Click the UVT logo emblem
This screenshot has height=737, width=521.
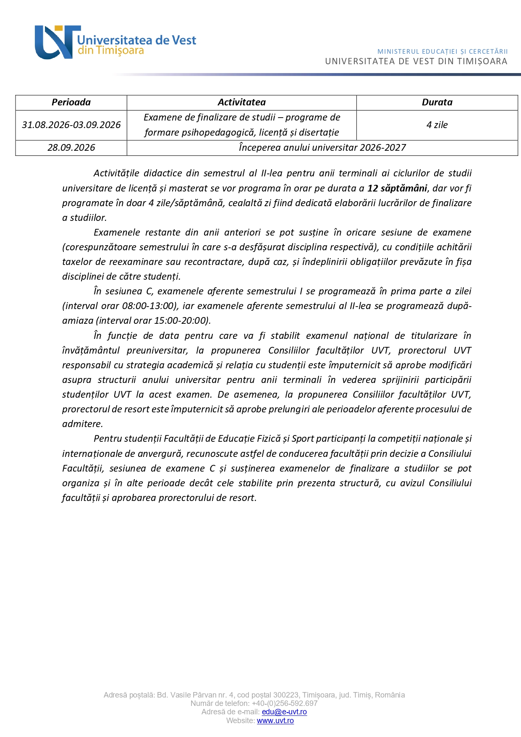tap(56, 42)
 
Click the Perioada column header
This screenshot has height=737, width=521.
tap(71, 102)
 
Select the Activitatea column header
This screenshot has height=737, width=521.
tap(241, 102)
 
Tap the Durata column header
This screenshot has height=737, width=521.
tap(437, 102)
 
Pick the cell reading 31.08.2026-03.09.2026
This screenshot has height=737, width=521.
tap(71, 125)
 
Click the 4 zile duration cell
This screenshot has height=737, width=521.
tap(437, 125)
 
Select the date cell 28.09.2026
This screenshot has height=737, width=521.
tap(71, 148)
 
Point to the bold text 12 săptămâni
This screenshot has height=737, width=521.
tap(397, 189)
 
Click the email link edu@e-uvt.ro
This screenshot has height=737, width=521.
tap(284, 712)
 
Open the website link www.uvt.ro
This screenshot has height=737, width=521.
tap(275, 721)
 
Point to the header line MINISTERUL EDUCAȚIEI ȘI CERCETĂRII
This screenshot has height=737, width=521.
tap(442, 52)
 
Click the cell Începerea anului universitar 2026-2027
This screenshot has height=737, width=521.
tap(322, 148)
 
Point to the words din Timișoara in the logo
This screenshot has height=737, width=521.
tap(111, 51)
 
